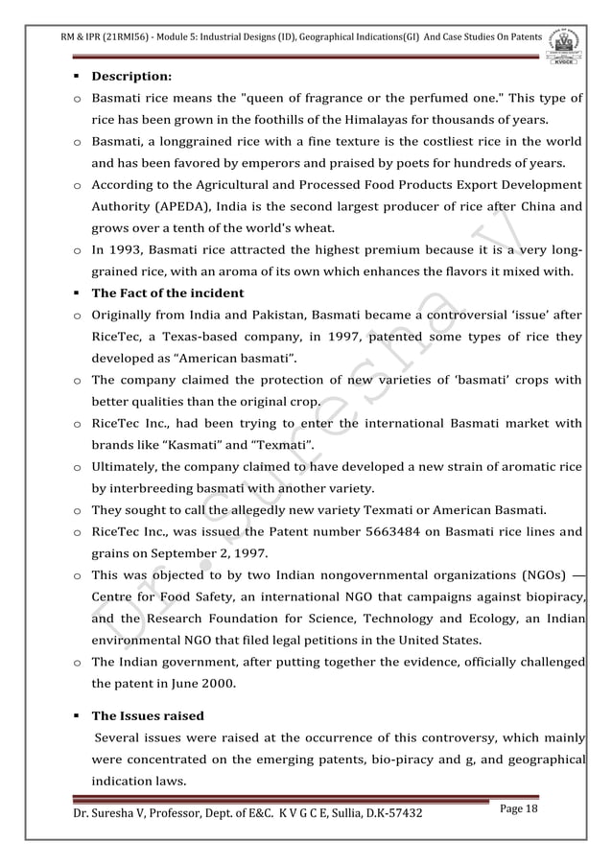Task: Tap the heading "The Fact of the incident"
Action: point(167,292)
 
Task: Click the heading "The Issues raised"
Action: point(148,714)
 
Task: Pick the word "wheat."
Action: point(313,227)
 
